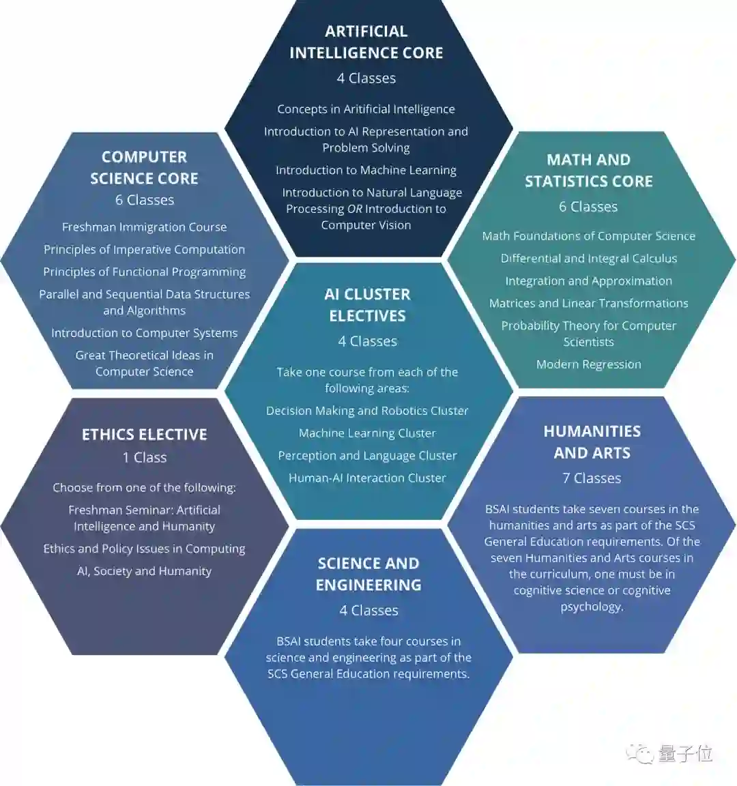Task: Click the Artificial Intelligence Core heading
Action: click(x=366, y=42)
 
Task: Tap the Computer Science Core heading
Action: click(x=144, y=168)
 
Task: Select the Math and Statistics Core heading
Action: click(x=588, y=171)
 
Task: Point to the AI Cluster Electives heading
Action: click(x=367, y=305)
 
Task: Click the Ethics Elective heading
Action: click(x=144, y=435)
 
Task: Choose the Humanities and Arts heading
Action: click(x=592, y=442)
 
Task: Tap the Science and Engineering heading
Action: click(x=369, y=574)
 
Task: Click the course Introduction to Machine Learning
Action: click(x=366, y=171)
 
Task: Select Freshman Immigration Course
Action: click(x=144, y=227)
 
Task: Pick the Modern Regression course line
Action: click(x=588, y=364)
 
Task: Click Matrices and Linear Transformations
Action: click(x=588, y=304)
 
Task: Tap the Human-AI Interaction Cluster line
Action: click(x=367, y=478)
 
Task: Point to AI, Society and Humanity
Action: click(x=144, y=571)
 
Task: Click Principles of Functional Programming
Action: click(x=144, y=272)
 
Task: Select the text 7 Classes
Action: click(x=592, y=478)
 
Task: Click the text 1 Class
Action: click(x=144, y=458)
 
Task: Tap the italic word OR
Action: click(x=354, y=209)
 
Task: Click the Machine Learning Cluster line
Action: click(x=367, y=433)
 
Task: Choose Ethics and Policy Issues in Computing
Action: click(x=144, y=549)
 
